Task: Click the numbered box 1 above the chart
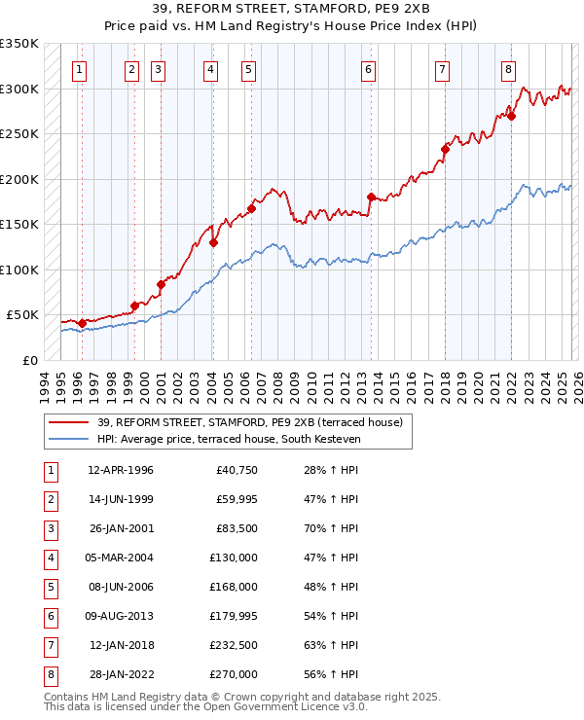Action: click(x=78, y=69)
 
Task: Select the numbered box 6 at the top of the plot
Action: click(x=369, y=69)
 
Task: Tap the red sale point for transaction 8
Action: click(x=511, y=116)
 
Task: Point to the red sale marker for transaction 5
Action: click(x=251, y=208)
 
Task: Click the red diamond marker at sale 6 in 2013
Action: click(x=371, y=197)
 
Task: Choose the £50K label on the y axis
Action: click(x=23, y=315)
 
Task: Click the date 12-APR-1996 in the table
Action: click(x=120, y=471)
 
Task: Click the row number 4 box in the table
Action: click(x=49, y=558)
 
